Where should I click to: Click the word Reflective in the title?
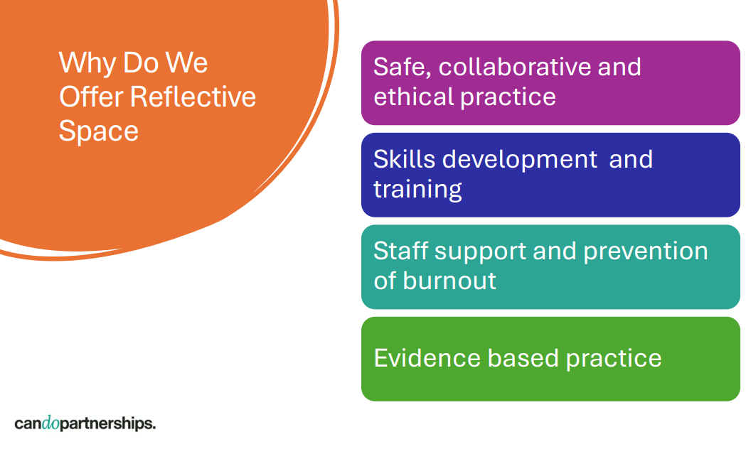tap(193, 97)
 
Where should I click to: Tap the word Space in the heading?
tap(98, 131)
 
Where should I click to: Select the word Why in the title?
tap(87, 64)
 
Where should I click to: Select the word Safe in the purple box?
tap(403, 67)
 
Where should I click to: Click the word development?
tap(520, 161)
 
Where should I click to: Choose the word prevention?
tap(646, 251)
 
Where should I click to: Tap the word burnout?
tap(449, 281)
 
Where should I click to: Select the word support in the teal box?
tap(480, 252)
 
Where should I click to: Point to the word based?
tap(523, 358)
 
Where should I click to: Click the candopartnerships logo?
tap(85, 423)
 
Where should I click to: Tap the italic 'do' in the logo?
tap(51, 423)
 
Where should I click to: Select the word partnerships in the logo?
tap(108, 424)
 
